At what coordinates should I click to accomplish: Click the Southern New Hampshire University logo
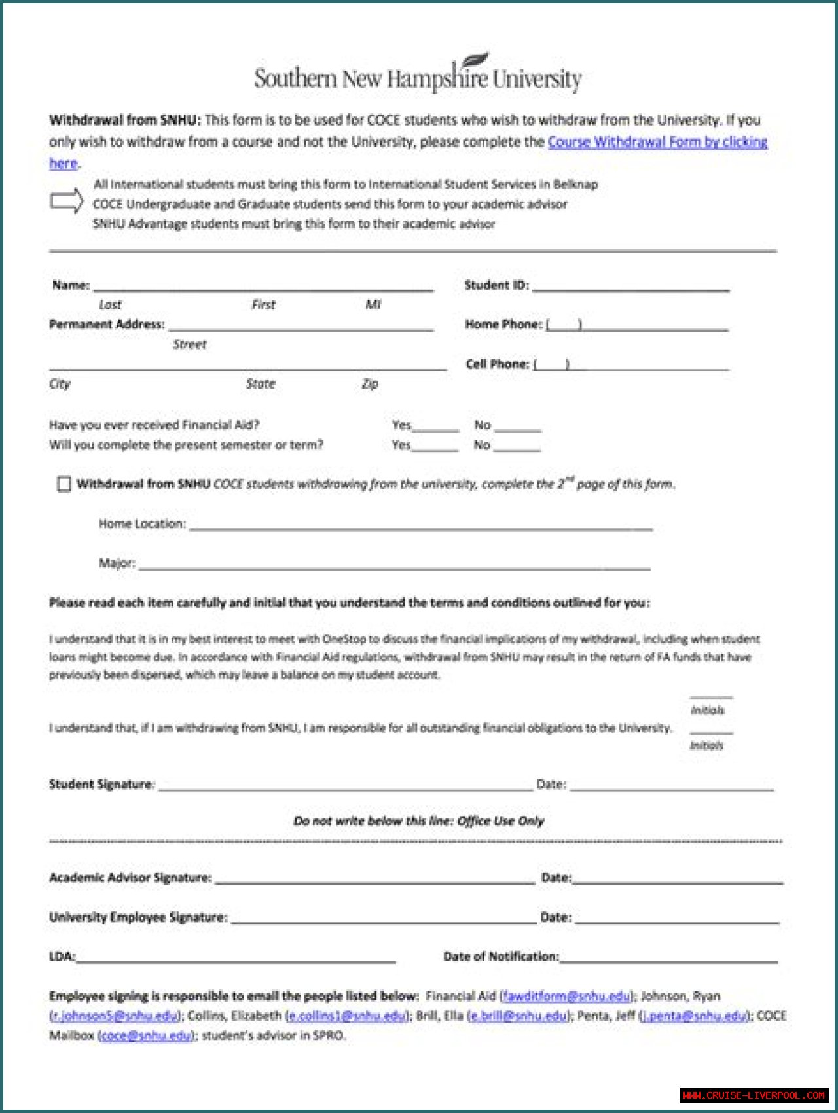tap(418, 75)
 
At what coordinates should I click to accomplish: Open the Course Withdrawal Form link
tap(657, 142)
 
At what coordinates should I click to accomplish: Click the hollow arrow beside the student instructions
tap(67, 201)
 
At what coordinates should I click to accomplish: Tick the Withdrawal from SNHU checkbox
tap(64, 484)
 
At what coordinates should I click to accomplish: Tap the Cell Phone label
tap(498, 364)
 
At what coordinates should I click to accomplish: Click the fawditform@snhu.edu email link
tap(566, 996)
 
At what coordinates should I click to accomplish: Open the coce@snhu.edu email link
tap(146, 1036)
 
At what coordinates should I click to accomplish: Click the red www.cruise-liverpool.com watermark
tap(754, 1095)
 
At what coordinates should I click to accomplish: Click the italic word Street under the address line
tap(189, 345)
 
